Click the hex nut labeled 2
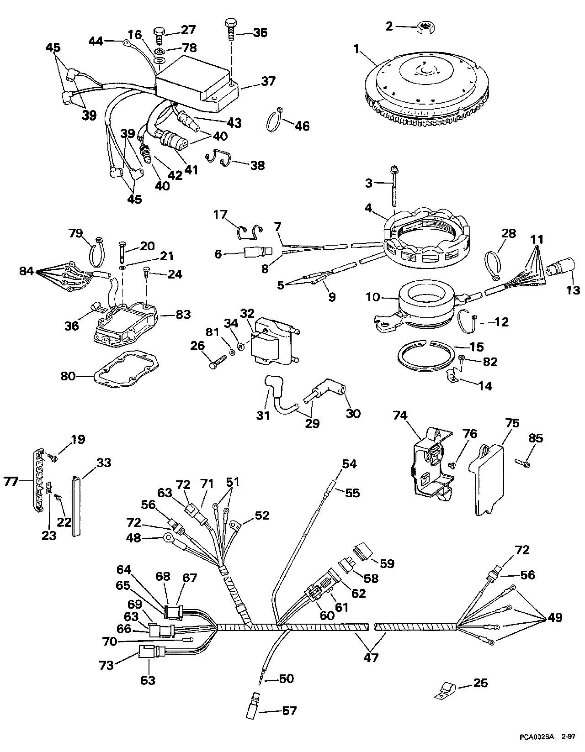click(427, 26)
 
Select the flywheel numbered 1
click(428, 88)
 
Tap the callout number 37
click(268, 82)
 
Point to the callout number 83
click(183, 314)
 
